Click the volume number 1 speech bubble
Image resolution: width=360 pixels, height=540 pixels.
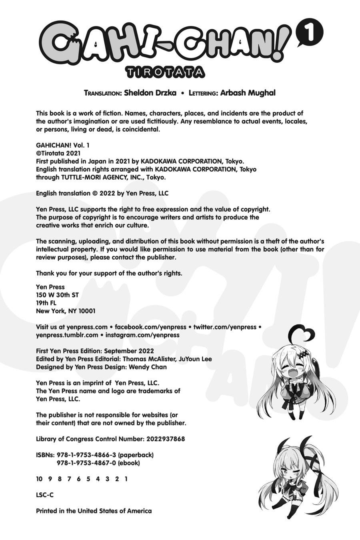click(x=309, y=35)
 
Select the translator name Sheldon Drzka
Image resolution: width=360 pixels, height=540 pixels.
click(x=150, y=93)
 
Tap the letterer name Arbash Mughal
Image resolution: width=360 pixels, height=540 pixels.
click(x=248, y=93)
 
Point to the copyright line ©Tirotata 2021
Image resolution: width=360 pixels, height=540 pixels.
click(x=58, y=153)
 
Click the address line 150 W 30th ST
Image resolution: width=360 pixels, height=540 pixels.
click(x=57, y=295)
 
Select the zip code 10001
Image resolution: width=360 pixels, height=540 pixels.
click(x=86, y=311)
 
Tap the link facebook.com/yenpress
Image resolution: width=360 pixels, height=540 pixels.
click(x=151, y=327)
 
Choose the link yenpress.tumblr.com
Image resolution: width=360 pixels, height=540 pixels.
click(x=67, y=335)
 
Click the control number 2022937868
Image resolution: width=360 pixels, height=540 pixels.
click(x=165, y=439)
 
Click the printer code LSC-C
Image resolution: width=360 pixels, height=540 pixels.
click(x=45, y=495)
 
